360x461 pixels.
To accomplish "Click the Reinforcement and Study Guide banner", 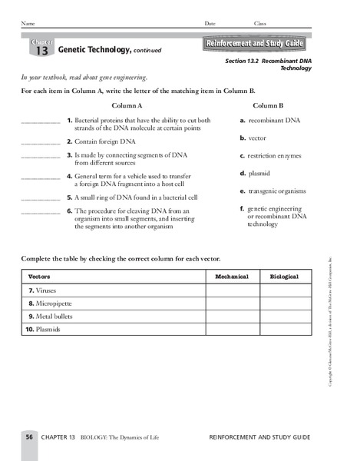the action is pos(254,45).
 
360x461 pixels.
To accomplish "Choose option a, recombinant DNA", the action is pos(269,121).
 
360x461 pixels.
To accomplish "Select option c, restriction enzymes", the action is pos(274,156).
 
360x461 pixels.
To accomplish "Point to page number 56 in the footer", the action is pos(29,436).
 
